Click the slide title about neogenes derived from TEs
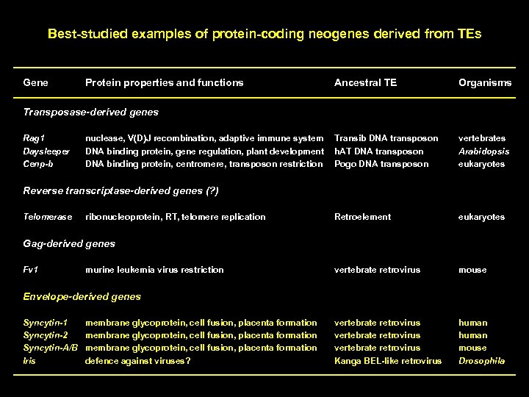click(264, 34)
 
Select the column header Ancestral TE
click(365, 82)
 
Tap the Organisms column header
click(485, 82)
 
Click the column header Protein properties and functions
click(164, 82)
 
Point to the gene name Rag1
click(34, 138)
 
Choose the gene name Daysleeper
click(46, 151)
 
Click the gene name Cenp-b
click(38, 163)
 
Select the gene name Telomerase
click(48, 217)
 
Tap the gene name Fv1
click(32, 270)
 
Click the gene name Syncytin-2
click(46, 335)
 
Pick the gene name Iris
click(30, 360)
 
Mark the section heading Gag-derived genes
click(69, 243)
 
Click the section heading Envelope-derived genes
click(82, 296)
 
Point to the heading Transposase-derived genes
click(90, 112)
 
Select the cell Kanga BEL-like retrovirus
click(388, 360)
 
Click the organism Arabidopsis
click(483, 151)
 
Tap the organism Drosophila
click(482, 360)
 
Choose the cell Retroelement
click(362, 217)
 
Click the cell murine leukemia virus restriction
click(154, 270)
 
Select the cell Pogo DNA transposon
click(381, 163)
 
